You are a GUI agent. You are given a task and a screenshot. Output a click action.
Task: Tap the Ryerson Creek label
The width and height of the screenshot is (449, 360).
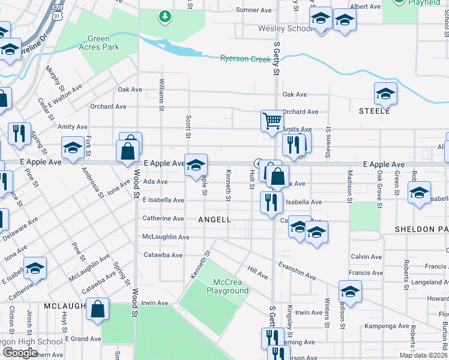click(246, 58)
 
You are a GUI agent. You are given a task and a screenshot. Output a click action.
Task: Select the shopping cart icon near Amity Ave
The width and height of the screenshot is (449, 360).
click(272, 121)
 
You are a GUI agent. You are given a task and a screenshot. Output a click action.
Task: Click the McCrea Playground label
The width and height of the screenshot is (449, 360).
click(228, 286)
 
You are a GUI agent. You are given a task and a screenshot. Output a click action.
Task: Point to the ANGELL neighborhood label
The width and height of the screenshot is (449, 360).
click(214, 220)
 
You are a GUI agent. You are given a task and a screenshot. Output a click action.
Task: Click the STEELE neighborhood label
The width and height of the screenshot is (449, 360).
click(375, 111)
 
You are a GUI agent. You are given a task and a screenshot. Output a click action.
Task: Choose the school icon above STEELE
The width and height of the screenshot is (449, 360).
click(385, 93)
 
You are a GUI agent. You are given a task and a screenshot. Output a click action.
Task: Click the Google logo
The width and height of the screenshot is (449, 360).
click(19, 353)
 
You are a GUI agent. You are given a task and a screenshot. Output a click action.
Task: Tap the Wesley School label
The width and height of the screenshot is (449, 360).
click(285, 28)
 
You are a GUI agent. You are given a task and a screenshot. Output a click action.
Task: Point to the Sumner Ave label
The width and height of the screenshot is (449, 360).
click(254, 10)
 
